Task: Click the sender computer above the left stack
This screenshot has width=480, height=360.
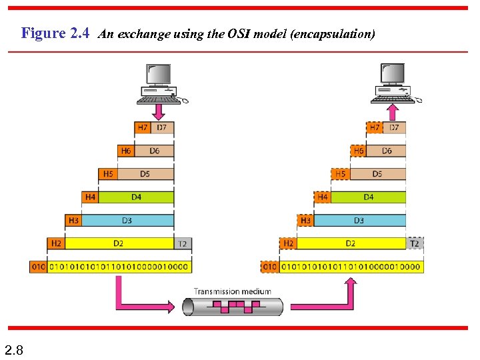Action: coord(159,83)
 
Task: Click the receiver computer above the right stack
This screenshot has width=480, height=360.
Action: coord(393,83)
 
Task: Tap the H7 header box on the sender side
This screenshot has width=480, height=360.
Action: coord(143,127)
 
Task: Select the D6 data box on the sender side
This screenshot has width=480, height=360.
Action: coord(154,151)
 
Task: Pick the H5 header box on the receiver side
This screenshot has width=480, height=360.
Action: coord(340,174)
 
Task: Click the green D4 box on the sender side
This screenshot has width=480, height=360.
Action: coord(136,197)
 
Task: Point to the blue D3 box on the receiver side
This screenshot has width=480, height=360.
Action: coord(359,220)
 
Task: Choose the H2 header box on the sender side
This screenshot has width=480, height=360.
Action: coord(56,243)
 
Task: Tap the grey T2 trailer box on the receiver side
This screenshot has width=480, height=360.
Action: coord(415,243)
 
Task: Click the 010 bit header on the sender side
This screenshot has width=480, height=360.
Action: coord(38,267)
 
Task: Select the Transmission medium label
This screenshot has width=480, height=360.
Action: coord(233,291)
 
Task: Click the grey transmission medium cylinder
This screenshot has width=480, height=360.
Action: coord(233,307)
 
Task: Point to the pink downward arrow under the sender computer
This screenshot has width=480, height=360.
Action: coord(158,111)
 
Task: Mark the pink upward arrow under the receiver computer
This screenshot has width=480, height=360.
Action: coord(393,111)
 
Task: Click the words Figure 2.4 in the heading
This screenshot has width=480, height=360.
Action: coord(55,33)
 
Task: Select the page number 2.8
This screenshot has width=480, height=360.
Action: coord(13,349)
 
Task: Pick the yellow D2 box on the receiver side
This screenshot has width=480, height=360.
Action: coord(351,243)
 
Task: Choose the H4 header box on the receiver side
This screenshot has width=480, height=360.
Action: coord(323,197)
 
